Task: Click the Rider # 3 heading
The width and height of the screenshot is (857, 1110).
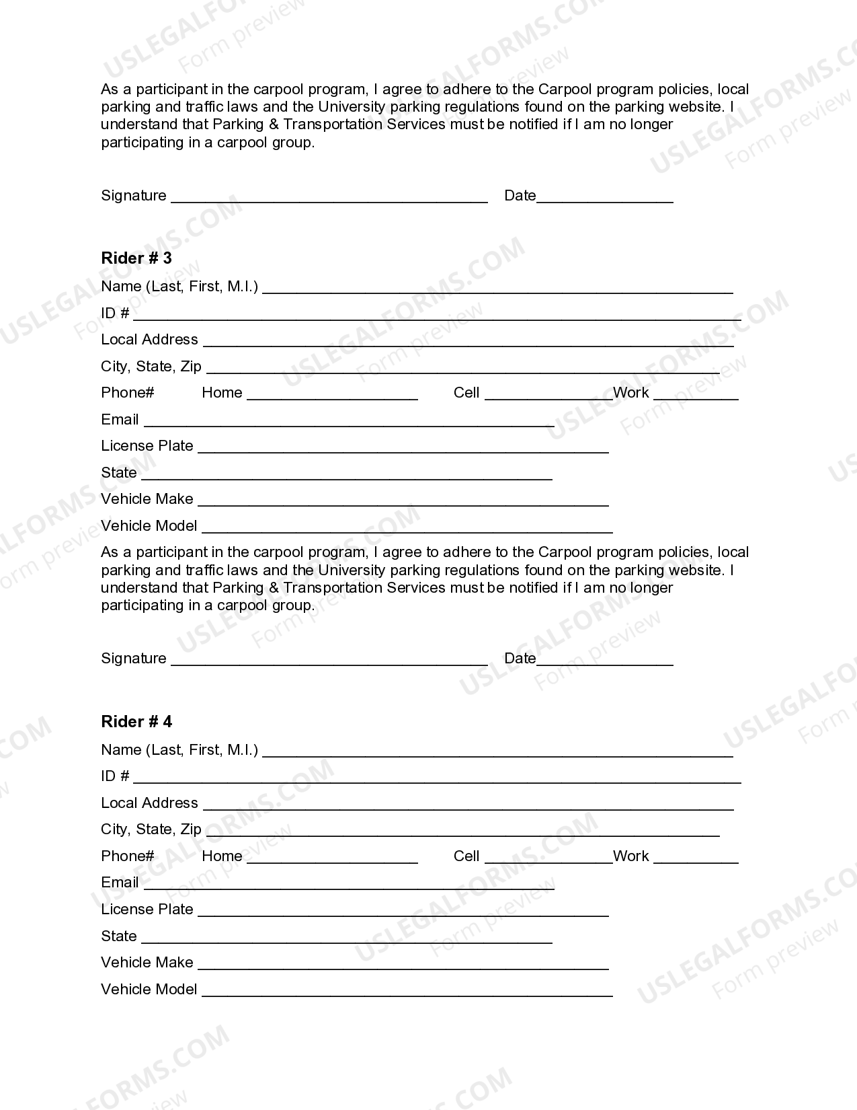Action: [x=136, y=258]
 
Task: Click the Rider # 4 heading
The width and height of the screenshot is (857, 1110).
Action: [x=136, y=722]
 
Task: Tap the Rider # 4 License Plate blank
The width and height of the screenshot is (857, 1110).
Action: [x=403, y=914]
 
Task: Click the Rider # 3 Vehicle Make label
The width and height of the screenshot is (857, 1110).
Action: [x=147, y=499]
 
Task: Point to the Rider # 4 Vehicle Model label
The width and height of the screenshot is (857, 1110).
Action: [x=149, y=990]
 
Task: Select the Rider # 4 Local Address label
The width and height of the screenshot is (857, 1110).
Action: [x=150, y=803]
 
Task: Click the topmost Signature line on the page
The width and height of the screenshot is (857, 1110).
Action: [x=329, y=200]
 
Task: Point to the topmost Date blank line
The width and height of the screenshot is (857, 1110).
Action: [x=605, y=200]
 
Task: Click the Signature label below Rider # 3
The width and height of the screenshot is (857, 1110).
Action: [x=134, y=659]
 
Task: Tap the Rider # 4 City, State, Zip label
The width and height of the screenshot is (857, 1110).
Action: [x=151, y=829]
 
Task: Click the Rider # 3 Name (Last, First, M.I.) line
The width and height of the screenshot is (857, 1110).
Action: [x=497, y=291]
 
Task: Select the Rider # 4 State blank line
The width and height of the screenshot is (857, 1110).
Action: [x=347, y=940]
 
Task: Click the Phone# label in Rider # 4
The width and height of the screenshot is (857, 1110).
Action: [x=128, y=856]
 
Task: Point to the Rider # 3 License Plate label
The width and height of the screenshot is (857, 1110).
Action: [x=147, y=446]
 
